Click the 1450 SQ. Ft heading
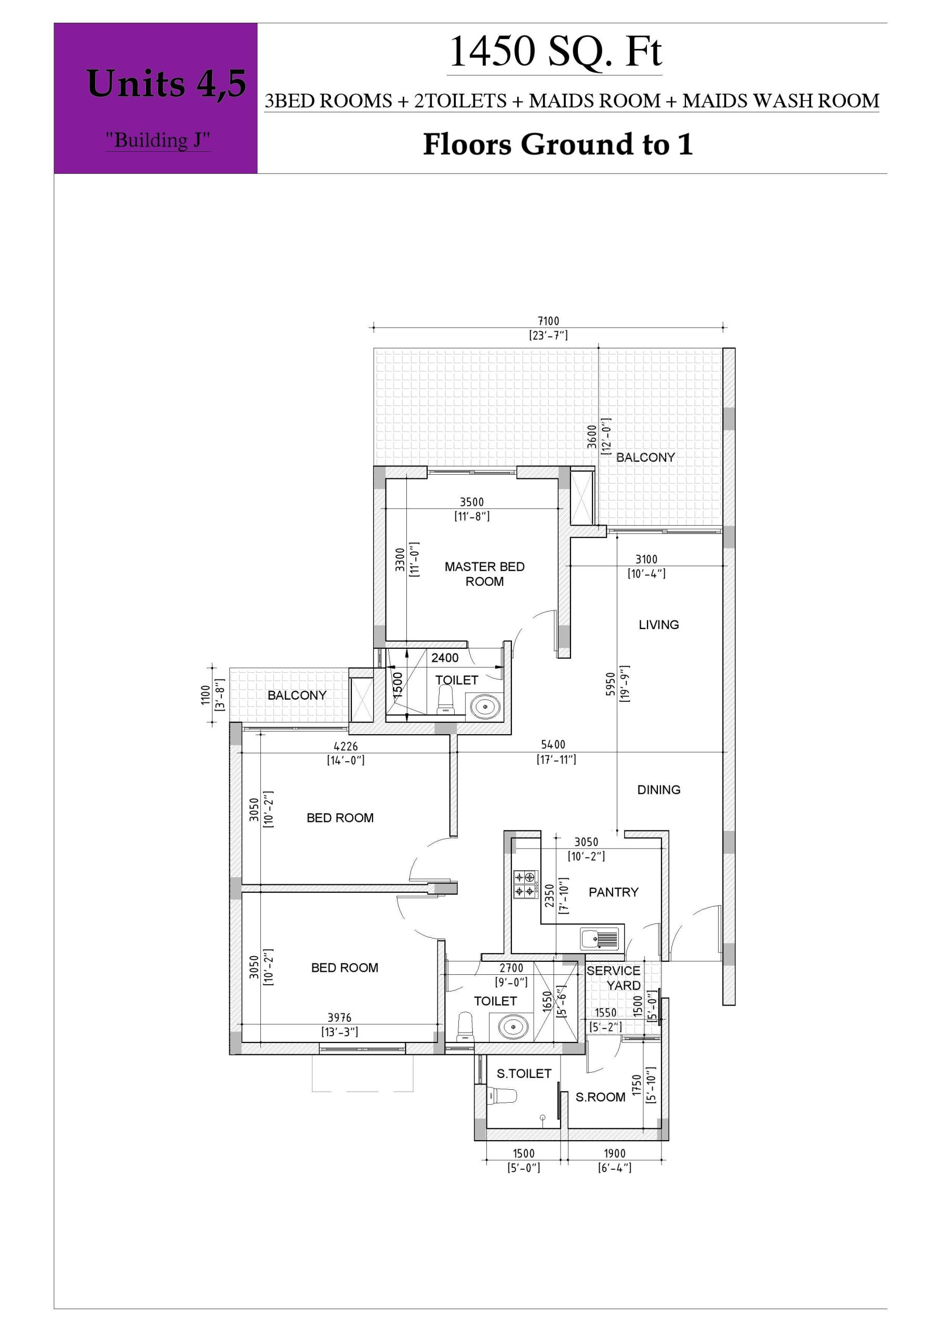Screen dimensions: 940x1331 pyautogui.click(x=554, y=51)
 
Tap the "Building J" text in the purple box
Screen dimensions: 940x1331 pyautogui.click(x=157, y=140)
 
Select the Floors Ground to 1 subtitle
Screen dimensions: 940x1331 pyautogui.click(x=558, y=144)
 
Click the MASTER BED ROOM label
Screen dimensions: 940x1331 pyautogui.click(x=484, y=574)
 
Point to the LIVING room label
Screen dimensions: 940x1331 pyautogui.click(x=658, y=624)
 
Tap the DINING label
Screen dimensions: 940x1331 pyautogui.click(x=658, y=790)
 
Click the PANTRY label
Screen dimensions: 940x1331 pyautogui.click(x=613, y=892)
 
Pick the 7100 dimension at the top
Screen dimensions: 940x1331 pyautogui.click(x=548, y=321)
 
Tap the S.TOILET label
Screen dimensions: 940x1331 pyautogui.click(x=524, y=1074)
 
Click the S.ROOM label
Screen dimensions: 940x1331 pyautogui.click(x=600, y=1097)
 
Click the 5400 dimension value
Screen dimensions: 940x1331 pyautogui.click(x=553, y=745)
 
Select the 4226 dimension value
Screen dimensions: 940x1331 pyautogui.click(x=346, y=746)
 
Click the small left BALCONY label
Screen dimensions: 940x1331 pyautogui.click(x=297, y=695)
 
